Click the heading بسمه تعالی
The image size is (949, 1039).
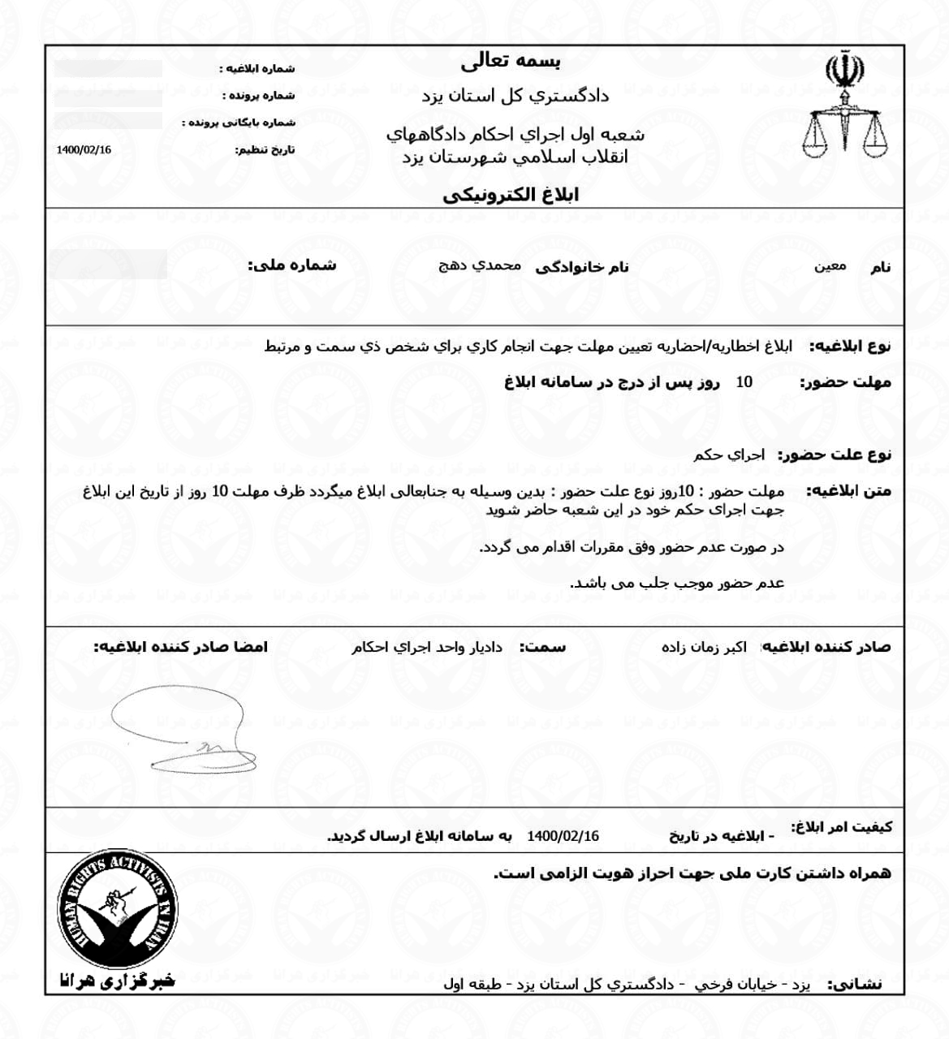pos(511,62)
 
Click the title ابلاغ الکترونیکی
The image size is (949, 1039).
pos(511,195)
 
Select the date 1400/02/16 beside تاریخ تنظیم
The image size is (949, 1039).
pos(84,150)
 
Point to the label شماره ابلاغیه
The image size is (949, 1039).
pos(257,69)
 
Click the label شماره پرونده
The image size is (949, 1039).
pos(259,96)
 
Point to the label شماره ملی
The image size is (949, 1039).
pos(292,265)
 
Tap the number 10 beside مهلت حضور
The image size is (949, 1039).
pos(744,382)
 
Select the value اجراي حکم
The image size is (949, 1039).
pos(728,455)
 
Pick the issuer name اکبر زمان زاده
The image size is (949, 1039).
pos(704,647)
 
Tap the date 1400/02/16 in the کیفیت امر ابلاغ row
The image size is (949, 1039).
pos(563,836)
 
